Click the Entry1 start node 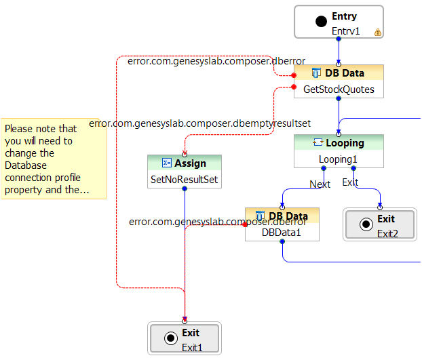[339, 22]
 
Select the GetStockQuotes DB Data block [339, 81]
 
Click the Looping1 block [339, 151]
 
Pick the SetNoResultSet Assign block [185, 172]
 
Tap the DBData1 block [282, 224]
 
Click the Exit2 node [379, 225]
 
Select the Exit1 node [185, 338]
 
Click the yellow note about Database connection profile [53, 159]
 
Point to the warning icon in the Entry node [378, 32]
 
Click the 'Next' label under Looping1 [320, 184]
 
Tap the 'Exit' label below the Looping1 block [350, 182]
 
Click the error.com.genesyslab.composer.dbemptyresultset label [200, 124]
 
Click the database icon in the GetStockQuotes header [316, 73]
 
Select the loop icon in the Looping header [317, 143]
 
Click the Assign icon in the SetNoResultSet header [167, 163]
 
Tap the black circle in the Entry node [322, 22]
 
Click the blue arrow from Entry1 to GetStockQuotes [339, 51]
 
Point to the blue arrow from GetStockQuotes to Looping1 [339, 115]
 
